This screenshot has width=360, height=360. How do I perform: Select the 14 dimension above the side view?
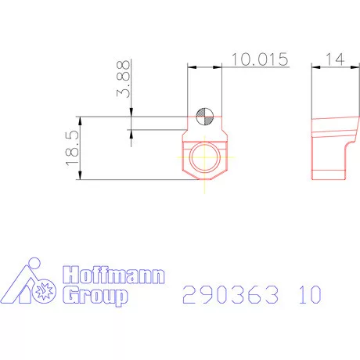[336, 59]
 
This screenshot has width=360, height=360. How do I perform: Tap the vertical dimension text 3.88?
[123, 80]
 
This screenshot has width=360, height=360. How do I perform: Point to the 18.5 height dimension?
[73, 148]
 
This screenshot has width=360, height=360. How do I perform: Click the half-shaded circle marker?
[205, 116]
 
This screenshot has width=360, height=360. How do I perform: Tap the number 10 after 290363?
[309, 295]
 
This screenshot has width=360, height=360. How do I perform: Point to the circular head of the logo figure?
[31, 263]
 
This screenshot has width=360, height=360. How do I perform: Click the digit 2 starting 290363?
[189, 295]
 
